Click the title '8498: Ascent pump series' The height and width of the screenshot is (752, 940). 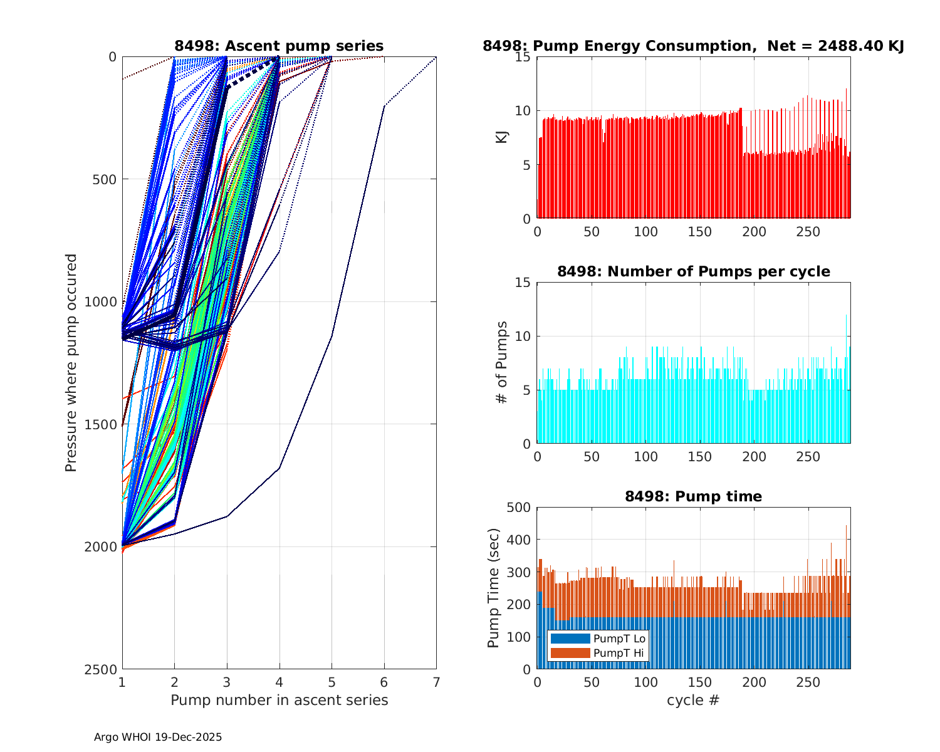279,46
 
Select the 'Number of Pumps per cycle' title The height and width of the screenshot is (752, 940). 693,271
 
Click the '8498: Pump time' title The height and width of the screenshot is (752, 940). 693,496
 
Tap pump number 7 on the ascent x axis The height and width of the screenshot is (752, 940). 436,682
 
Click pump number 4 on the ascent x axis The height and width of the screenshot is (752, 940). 279,682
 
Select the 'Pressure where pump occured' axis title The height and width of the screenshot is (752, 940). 71,363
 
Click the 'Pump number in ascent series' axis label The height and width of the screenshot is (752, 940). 279,700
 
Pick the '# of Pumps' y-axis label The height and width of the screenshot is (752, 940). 501,363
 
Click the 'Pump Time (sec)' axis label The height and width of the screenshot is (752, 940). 493,588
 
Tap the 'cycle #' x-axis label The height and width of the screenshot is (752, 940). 693,700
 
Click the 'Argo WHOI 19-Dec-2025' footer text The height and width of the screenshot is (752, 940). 158,737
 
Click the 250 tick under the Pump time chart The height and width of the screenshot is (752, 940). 808,682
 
